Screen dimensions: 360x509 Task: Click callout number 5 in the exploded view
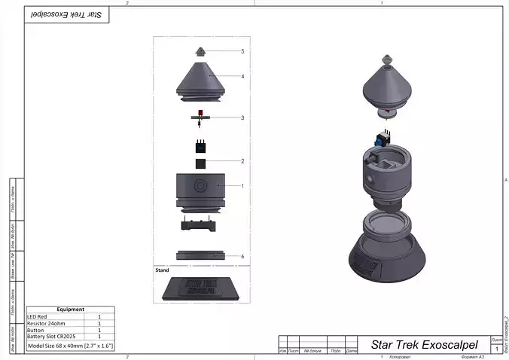click(x=242, y=52)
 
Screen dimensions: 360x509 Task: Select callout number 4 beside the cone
click(x=242, y=76)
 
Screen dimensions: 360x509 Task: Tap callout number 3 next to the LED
click(x=242, y=117)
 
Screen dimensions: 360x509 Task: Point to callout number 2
click(x=242, y=161)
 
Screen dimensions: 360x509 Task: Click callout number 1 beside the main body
click(x=242, y=185)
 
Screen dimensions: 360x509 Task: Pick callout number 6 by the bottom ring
click(x=242, y=256)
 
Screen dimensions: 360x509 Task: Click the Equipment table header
click(x=70, y=309)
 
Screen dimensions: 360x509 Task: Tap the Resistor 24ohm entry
click(x=47, y=323)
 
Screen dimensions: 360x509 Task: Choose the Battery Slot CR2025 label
click(x=53, y=336)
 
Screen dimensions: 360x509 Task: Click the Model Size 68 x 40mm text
click(x=70, y=345)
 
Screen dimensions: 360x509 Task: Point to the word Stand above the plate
click(x=162, y=269)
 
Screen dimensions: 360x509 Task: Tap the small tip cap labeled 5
click(x=201, y=52)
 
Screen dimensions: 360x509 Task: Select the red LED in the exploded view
click(x=201, y=112)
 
